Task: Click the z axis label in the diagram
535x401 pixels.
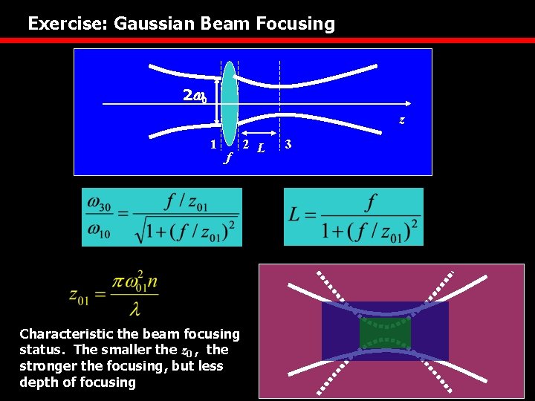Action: pos(401,120)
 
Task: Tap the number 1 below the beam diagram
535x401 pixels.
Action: pos(213,144)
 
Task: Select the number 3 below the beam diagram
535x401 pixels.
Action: pos(288,144)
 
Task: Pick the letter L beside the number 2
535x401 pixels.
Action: pos(259,148)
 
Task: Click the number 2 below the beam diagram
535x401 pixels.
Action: pos(245,144)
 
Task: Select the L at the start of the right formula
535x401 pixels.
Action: pos(295,216)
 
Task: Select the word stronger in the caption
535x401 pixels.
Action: pos(47,366)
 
